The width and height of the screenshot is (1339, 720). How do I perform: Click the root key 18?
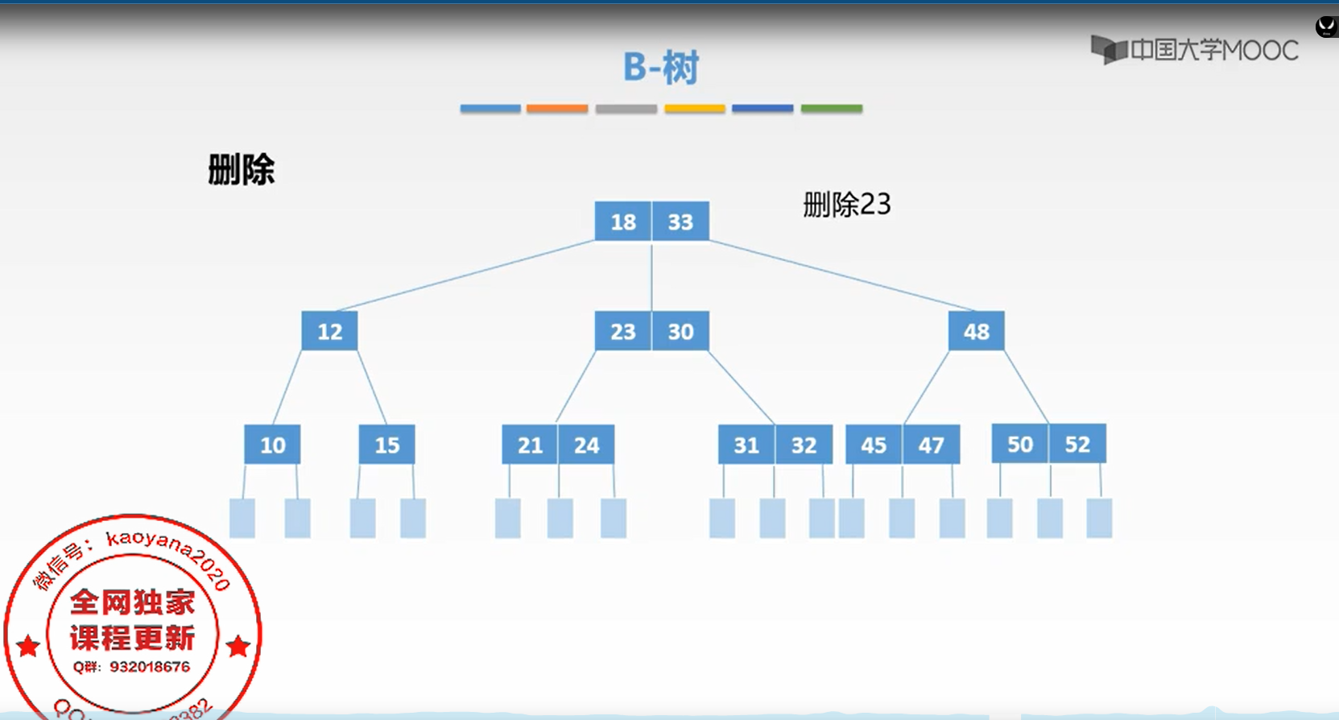[x=623, y=221]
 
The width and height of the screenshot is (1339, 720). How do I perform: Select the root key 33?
[x=680, y=221]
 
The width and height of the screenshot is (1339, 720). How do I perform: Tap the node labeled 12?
[x=329, y=331]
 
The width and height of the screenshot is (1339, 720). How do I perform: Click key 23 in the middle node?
[x=622, y=331]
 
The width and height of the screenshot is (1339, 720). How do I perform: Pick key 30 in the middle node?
[x=680, y=331]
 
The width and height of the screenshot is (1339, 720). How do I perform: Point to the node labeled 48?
[x=976, y=331]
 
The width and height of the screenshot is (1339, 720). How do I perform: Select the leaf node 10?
[x=272, y=445]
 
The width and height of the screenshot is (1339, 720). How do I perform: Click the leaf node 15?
[x=386, y=445]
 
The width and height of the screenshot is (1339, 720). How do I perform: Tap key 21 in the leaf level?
[x=530, y=445]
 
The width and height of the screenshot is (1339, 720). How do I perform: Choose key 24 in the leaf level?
[x=586, y=445]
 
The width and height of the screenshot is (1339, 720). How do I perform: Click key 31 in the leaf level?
[x=746, y=445]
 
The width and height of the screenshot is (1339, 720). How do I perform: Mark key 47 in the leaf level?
[x=931, y=445]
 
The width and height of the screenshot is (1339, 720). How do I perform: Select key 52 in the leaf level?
[x=1077, y=444]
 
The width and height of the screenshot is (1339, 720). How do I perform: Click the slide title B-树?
[x=661, y=68]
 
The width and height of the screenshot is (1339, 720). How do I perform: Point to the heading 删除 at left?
[x=242, y=170]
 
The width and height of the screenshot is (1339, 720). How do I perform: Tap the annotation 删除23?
[x=847, y=205]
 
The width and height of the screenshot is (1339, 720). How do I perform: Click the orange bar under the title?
[x=557, y=109]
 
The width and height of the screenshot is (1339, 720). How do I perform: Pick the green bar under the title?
[x=832, y=109]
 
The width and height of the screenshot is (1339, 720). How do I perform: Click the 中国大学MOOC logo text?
[x=1213, y=51]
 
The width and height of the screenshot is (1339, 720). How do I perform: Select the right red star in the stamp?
[x=238, y=646]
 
